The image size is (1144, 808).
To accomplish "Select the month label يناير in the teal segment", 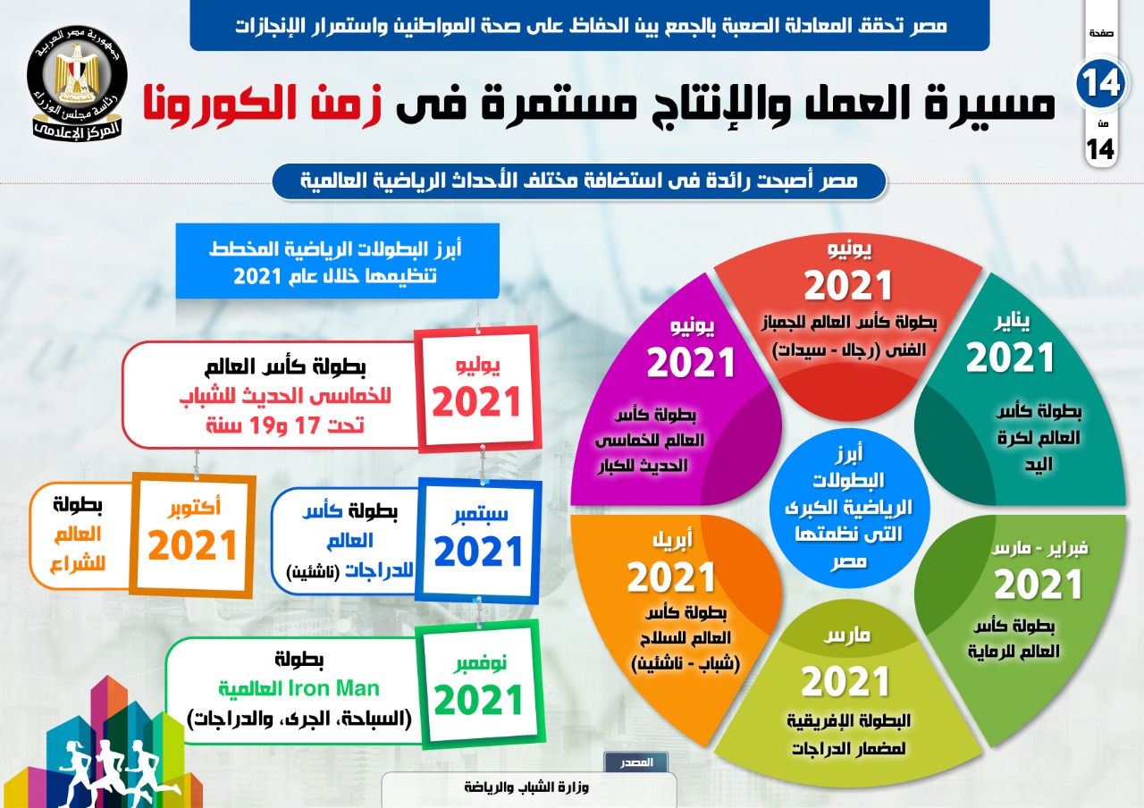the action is pos(1012,322).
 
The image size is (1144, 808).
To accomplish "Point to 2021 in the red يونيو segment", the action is pos(848,285).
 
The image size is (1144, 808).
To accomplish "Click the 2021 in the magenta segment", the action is pos(691,362).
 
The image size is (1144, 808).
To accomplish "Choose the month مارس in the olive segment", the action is pos(847,635).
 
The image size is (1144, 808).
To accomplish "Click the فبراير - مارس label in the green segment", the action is pos(1039,550).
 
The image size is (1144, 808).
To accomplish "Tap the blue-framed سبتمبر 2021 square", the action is pos(478,541).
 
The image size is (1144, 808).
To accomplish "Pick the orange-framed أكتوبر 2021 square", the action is pos(193,534).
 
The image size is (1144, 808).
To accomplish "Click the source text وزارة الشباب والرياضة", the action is pos(526,787).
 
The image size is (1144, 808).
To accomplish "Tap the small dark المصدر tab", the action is pos(635,762).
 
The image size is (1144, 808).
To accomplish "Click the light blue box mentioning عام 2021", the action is pos(337,261).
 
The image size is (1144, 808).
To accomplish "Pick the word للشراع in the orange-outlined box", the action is pos(78,563).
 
